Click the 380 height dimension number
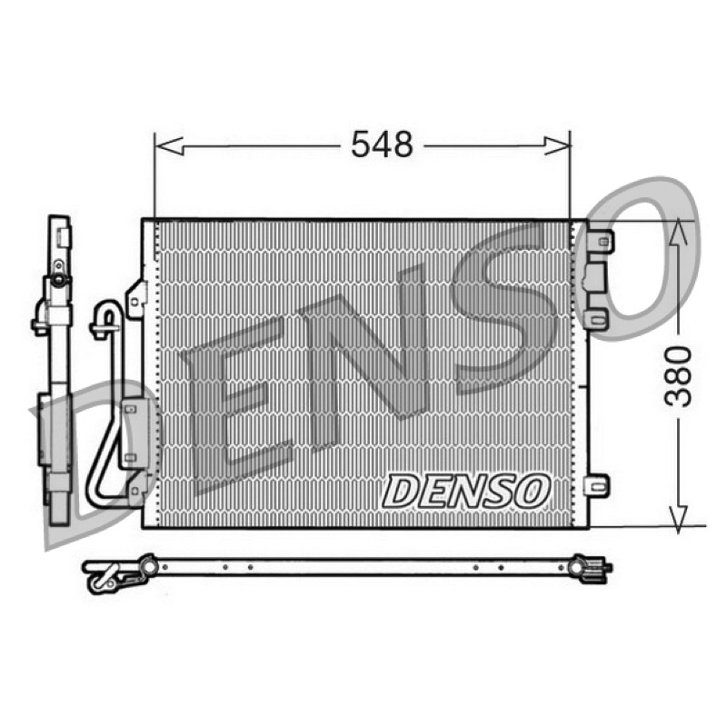(x=678, y=376)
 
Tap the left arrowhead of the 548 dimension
(x=169, y=146)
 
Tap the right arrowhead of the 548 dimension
(x=556, y=146)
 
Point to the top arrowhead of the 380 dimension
(x=678, y=233)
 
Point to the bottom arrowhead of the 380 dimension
(x=678, y=519)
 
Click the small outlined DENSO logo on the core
(x=465, y=491)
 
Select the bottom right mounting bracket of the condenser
(x=598, y=487)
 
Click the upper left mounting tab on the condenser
(x=135, y=299)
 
